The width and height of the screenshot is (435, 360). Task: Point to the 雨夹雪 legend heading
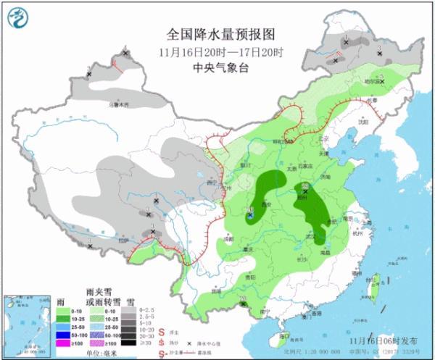(99, 290)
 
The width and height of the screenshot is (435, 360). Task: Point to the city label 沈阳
(373, 122)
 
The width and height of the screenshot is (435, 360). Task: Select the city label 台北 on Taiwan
(380, 276)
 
